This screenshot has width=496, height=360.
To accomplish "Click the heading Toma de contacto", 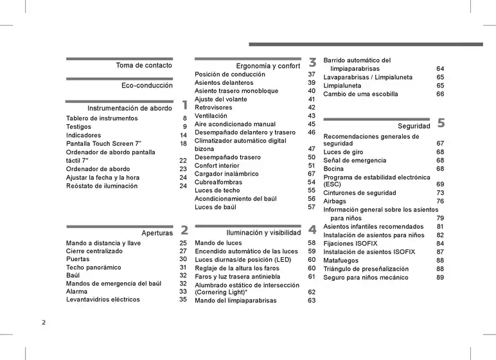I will pos(144,66).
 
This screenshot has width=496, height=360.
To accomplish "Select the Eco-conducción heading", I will pos(147,85).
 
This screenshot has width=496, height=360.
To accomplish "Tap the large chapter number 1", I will pos(184,105).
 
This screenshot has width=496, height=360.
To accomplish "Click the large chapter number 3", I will pos(312,62).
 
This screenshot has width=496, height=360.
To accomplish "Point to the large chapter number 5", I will pos(441,123).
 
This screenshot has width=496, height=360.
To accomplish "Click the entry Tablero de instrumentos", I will pos(102,119).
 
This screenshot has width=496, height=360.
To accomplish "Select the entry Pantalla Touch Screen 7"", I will pos(103,144).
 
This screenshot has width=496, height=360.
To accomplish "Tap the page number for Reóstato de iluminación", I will pos(183,186).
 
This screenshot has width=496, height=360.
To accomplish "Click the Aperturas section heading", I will pos(157,232).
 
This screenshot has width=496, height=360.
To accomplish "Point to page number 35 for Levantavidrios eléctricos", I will pos(183,300).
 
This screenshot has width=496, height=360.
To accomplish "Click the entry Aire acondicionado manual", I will pos(235,124).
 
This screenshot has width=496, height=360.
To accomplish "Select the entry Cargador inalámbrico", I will pos(227,174).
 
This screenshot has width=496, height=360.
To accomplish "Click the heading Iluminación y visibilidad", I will pos(263,232).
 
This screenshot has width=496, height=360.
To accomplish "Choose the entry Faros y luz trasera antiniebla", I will pos(238,276).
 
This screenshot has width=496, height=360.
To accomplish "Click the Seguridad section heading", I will pos(414,126).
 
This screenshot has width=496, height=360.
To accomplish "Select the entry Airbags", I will pos(335,201).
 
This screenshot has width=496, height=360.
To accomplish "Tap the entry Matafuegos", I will pos(341,260).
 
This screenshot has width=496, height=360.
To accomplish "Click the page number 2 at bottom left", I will pos(44,322).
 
